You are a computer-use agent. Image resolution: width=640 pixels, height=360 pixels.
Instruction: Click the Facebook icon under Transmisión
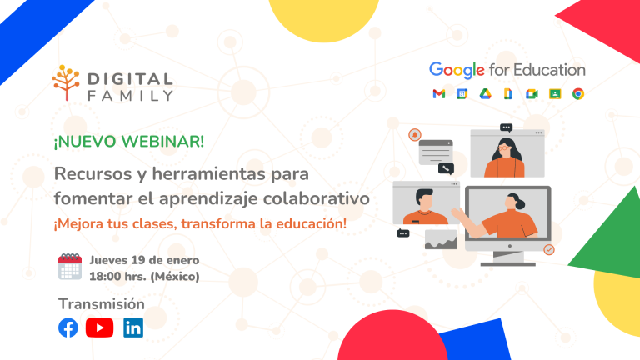click(x=68, y=327)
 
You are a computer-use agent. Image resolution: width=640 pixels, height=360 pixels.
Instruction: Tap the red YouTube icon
click(x=99, y=327)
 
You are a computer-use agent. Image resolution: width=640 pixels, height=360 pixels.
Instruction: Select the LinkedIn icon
click(x=133, y=327)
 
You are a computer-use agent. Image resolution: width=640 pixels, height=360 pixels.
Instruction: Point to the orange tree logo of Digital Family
click(x=66, y=82)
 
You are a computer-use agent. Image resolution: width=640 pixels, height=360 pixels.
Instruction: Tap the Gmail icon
click(x=438, y=93)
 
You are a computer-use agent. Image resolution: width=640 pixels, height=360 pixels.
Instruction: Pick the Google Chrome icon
click(x=577, y=93)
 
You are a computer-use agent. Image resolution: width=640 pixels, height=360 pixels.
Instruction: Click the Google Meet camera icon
click(x=531, y=93)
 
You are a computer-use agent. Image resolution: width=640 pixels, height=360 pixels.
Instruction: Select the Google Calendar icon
click(x=462, y=93)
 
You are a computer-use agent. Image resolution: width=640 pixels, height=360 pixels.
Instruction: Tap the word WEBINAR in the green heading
click(x=163, y=141)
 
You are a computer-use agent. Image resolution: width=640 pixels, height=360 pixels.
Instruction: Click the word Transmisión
click(x=101, y=303)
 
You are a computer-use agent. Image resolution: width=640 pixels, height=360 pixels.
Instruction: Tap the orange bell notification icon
click(x=414, y=134)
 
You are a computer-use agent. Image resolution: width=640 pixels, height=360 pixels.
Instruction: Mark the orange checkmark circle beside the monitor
click(x=548, y=249)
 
